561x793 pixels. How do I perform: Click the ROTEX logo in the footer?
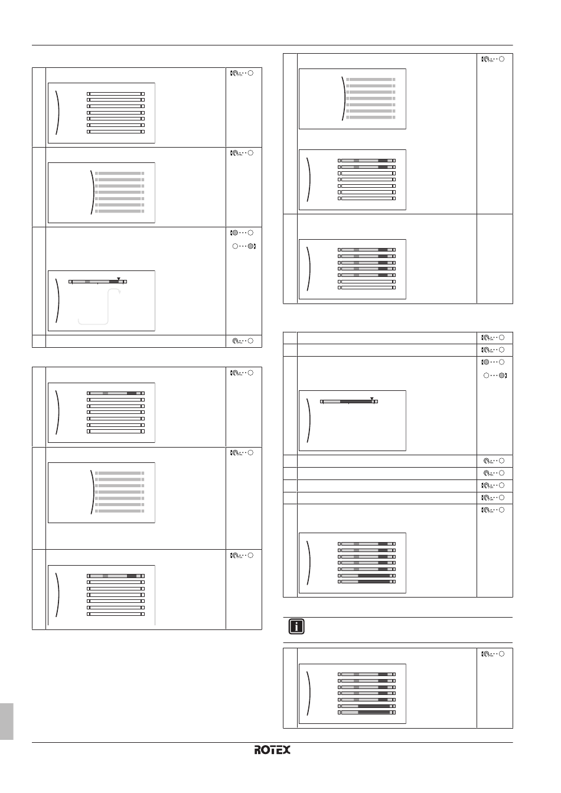[272, 750]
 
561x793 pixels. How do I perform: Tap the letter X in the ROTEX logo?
[286, 750]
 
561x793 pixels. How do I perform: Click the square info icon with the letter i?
[296, 626]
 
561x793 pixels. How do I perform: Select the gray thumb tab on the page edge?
[6, 720]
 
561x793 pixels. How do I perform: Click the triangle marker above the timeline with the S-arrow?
[119, 278]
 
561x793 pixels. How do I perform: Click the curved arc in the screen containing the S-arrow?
[56, 300]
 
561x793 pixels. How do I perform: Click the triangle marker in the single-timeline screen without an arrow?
[371, 398]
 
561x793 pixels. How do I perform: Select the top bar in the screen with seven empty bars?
[116, 94]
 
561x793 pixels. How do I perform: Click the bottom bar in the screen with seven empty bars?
[116, 132]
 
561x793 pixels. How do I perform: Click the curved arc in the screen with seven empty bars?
[57, 112]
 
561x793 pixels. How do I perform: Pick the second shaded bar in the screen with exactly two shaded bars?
[367, 167]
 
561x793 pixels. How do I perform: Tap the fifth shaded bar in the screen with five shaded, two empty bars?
[367, 275]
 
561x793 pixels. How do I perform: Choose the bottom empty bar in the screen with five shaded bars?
[367, 288]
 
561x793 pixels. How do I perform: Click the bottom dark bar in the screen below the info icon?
[367, 712]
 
